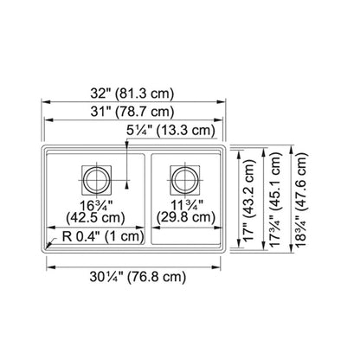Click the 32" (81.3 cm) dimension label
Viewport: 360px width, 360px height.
pos(132,93)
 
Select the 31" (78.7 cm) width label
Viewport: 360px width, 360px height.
pos(132,112)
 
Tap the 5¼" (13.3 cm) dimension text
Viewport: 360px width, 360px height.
pos(170,131)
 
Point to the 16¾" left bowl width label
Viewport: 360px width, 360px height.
pos(96,205)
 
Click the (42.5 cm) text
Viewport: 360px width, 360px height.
pos(95,217)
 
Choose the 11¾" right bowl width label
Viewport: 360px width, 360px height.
pos(187,205)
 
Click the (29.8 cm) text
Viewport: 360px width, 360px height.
pos(186,217)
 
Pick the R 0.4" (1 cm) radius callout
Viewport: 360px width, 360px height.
pos(103,237)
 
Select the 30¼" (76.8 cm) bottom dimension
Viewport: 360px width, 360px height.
pos(138,277)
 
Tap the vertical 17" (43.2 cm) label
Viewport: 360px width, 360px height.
pos(248,200)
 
